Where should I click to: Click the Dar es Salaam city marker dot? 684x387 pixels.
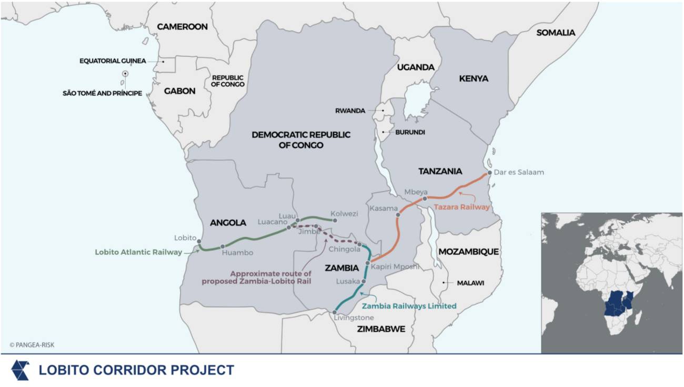point(490,173)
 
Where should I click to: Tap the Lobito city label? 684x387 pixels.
point(185,237)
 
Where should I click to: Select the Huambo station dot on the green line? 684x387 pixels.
point(223,246)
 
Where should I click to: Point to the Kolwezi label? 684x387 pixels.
point(344,214)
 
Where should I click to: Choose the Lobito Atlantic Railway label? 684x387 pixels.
point(138,252)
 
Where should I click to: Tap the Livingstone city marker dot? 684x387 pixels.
point(335,312)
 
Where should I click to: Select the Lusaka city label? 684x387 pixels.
point(348,282)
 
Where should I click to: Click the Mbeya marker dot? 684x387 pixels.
point(425,199)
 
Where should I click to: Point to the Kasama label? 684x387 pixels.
point(383,209)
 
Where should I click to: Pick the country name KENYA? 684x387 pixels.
point(474,78)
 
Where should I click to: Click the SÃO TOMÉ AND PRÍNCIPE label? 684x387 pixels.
point(102,94)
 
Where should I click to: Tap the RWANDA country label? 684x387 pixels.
point(350,111)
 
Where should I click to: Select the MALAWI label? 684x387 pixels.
point(470,283)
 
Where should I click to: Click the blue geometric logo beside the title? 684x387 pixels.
point(21,370)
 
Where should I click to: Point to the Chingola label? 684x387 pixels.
point(345,249)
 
